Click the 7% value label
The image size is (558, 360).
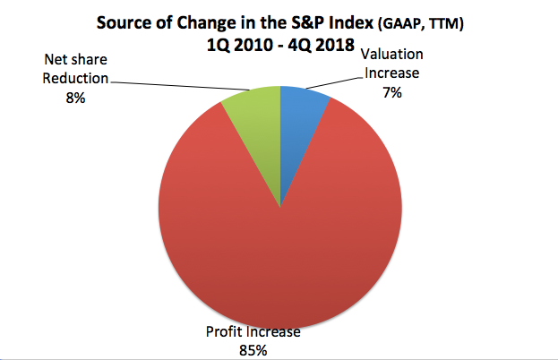point(392,93)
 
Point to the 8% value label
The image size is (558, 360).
point(75,98)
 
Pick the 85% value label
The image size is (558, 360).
point(253,351)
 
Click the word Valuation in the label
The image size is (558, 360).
point(391,55)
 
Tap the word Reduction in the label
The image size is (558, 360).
point(75,78)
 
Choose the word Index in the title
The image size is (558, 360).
point(351,23)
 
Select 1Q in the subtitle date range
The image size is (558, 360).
point(217,45)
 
